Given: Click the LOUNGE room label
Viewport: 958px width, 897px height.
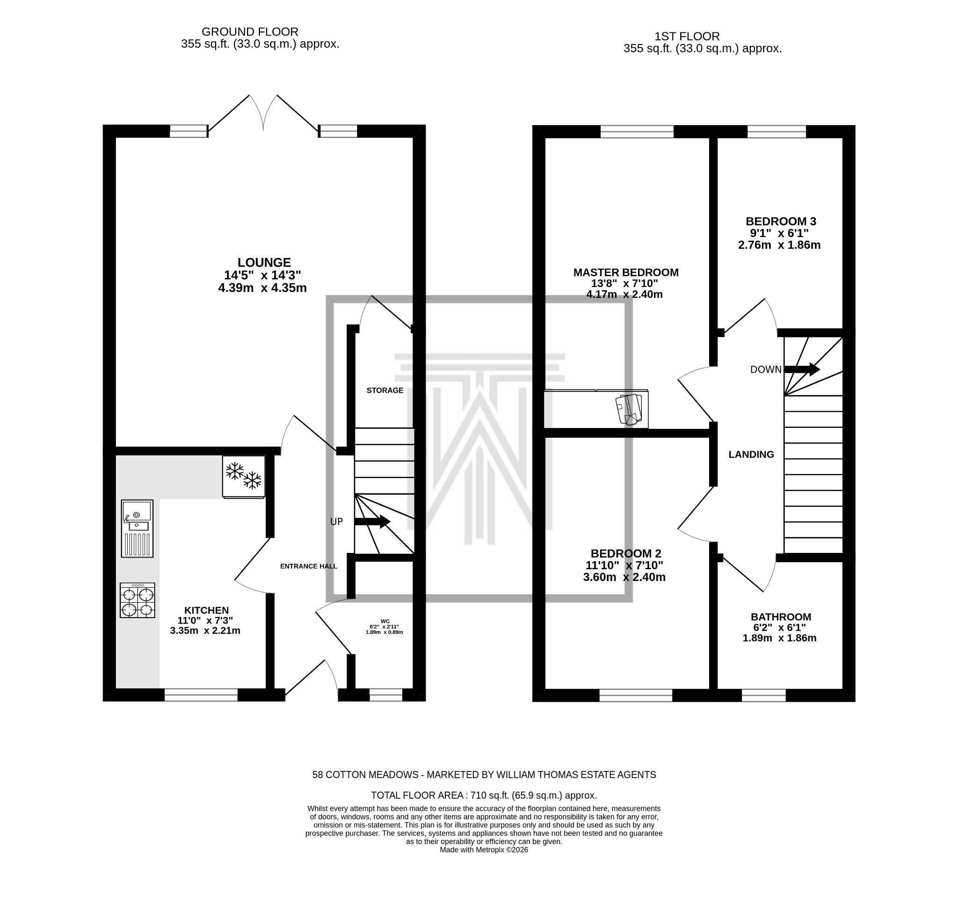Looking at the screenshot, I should [x=264, y=262].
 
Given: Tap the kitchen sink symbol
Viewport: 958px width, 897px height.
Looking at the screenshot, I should [x=138, y=528].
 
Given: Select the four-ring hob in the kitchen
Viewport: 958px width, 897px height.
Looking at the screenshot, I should [x=138, y=600].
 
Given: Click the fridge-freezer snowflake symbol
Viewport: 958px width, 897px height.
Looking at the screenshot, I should [x=243, y=476].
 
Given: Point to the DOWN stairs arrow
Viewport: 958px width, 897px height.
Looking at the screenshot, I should [x=802, y=369].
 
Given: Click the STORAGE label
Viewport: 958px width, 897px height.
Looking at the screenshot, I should [x=385, y=390].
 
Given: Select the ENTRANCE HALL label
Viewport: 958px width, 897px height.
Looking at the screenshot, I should [x=308, y=566].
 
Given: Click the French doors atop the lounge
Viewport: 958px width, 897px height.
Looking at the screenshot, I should [x=263, y=113].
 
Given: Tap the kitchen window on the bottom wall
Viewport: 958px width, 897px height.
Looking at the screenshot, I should [x=201, y=694].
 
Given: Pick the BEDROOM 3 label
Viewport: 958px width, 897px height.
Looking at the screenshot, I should [x=781, y=221].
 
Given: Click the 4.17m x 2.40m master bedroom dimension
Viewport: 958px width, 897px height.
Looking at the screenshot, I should [x=624, y=294].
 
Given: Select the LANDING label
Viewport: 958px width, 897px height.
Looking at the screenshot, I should [x=751, y=454].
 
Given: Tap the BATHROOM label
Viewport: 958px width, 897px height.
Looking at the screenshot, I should [x=781, y=617].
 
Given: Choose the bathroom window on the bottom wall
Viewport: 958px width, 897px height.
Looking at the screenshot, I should [x=763, y=695].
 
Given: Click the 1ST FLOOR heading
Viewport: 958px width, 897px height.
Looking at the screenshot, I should [x=687, y=36].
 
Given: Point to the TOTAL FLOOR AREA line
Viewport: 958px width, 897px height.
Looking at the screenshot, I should [x=483, y=795].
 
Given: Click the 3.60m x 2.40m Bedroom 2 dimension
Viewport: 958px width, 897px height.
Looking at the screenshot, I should [x=624, y=577].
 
